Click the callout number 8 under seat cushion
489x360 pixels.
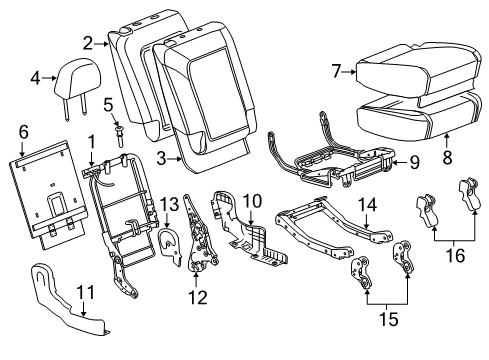(447, 155)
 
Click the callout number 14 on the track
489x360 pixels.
(368, 205)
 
